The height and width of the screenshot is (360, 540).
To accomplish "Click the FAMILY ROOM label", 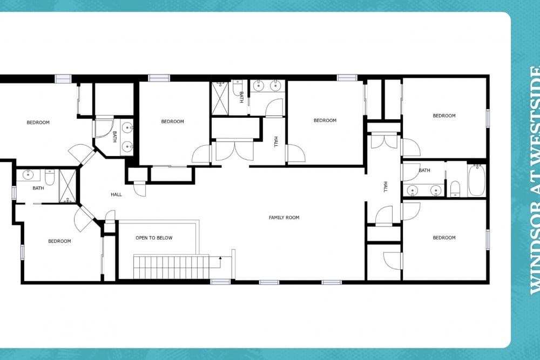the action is (x=284, y=218).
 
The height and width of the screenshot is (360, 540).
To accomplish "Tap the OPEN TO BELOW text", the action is (x=154, y=238).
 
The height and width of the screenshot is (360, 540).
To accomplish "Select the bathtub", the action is (x=477, y=180).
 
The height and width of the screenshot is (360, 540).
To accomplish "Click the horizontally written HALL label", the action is (x=117, y=194).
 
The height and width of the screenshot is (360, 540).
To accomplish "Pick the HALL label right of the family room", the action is (x=386, y=187).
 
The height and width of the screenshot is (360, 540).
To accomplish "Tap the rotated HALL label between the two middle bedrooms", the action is (x=275, y=141).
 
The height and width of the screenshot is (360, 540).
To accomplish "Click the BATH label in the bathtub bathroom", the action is (x=424, y=171).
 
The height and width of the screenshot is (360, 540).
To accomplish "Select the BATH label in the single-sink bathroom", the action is (x=38, y=188).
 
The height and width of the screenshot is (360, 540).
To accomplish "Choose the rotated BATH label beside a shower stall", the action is (x=241, y=97).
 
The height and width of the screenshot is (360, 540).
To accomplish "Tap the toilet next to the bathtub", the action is (x=455, y=188).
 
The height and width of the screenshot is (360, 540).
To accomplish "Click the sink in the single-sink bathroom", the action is (x=28, y=175).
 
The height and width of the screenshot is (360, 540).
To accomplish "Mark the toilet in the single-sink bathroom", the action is (x=50, y=176).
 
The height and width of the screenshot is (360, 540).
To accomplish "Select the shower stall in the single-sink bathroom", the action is (x=67, y=186).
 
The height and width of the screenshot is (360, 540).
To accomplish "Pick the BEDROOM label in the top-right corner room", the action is (x=444, y=116).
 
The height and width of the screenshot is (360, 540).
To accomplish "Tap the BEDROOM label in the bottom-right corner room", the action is (x=444, y=237).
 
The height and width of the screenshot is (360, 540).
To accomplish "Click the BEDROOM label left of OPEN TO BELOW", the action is (x=59, y=241).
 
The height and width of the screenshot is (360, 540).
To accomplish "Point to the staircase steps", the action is (x=171, y=267).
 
